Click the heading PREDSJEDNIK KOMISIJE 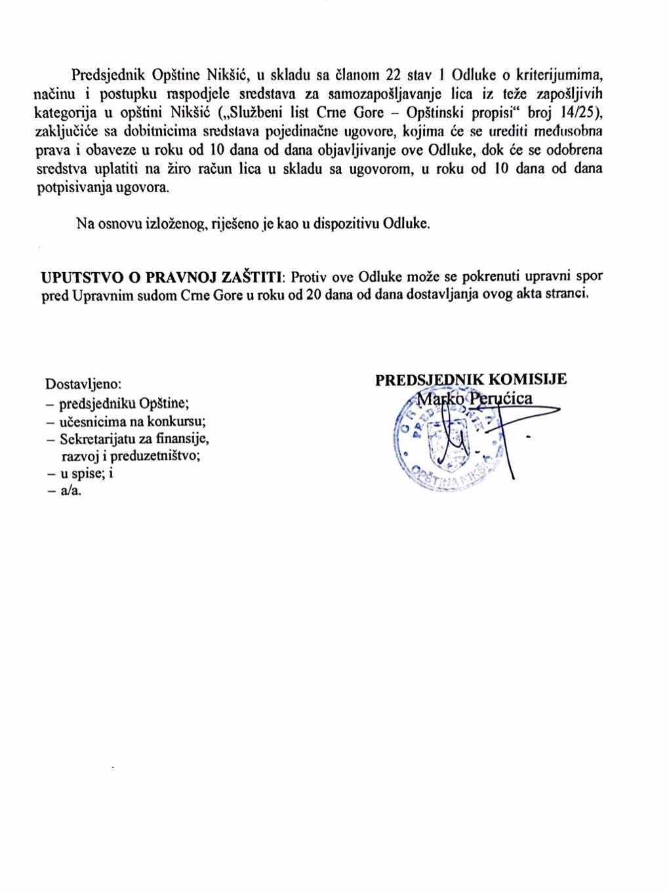coord(470,380)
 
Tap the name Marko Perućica coord(475,398)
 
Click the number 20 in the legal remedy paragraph coord(314,294)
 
